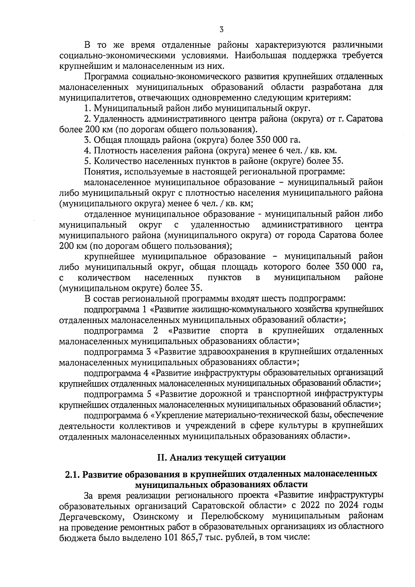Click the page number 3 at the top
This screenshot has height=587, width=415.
tap(221, 30)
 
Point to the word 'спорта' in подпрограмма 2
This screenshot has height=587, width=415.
tap(234, 330)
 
